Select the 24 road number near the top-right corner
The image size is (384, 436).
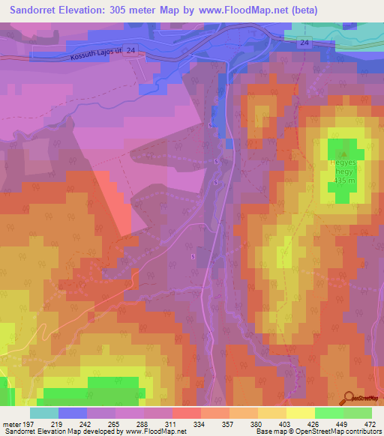point(303,43)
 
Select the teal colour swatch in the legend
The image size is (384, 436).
point(43,413)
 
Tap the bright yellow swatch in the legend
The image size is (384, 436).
point(300,413)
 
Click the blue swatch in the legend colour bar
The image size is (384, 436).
point(72,413)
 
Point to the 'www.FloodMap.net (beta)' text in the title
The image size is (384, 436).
point(255,10)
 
